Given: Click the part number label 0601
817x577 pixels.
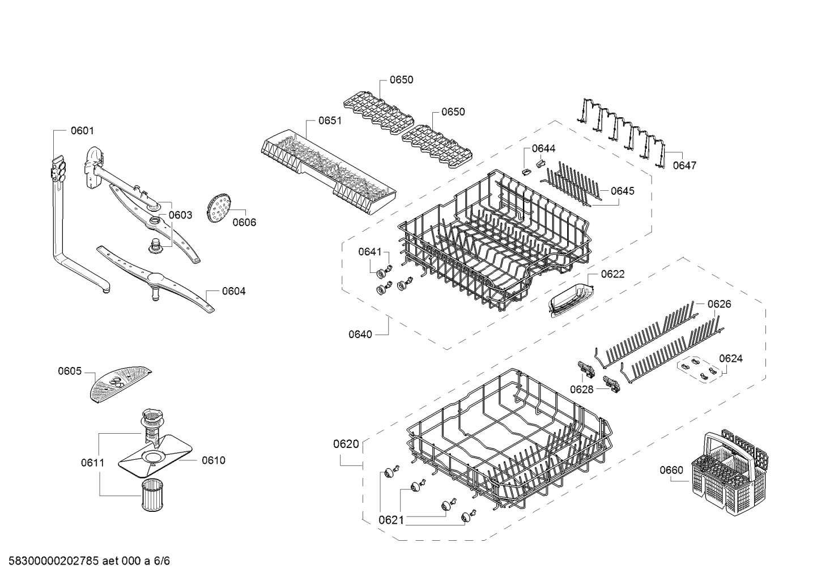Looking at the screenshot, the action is click(x=82, y=130).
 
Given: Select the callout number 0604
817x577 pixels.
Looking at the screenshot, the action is click(x=234, y=291).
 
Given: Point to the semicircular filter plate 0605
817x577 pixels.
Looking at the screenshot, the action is click(x=120, y=384).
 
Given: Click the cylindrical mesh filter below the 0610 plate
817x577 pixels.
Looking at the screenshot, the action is click(x=152, y=495).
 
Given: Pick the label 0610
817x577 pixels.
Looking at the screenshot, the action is click(x=214, y=460).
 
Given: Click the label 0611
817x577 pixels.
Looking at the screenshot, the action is click(x=93, y=463).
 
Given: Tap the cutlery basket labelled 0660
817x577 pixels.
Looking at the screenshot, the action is click(x=730, y=474).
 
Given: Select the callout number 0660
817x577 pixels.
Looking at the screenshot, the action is click(x=671, y=470).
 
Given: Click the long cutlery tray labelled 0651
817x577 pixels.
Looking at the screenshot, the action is click(x=328, y=172).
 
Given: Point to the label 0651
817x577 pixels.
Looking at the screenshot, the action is click(x=330, y=121).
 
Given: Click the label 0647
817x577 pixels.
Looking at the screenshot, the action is click(x=684, y=165).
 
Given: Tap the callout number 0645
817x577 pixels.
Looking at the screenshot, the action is click(x=623, y=191).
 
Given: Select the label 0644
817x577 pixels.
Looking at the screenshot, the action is click(x=543, y=148).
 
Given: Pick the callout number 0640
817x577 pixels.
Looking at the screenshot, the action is click(x=360, y=334).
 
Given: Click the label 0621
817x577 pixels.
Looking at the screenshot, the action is click(x=391, y=520).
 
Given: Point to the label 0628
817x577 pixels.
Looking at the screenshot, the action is click(x=582, y=390).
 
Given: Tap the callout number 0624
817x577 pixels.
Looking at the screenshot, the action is click(x=731, y=358).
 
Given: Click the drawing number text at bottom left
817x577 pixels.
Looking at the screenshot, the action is click(x=89, y=561).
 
